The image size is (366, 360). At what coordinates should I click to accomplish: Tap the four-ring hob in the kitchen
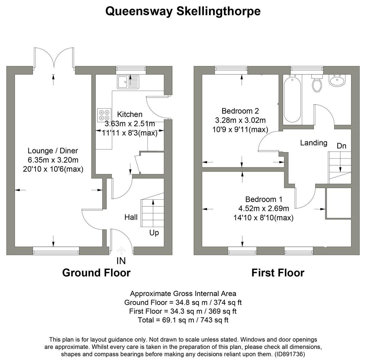tap(103, 115)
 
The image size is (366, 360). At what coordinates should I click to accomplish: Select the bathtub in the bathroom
tap(292, 99)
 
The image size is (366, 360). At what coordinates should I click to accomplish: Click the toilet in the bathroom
tap(317, 84)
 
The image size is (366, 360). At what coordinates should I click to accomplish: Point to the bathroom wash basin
tap(338, 80)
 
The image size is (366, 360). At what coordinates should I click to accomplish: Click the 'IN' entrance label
tap(121, 261)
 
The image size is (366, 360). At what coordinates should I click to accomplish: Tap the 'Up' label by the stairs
tap(154, 232)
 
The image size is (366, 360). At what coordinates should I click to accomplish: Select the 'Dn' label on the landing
tap(341, 146)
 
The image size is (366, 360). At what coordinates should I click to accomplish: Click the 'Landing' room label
tap(313, 143)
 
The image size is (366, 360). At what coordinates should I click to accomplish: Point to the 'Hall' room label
tap(131, 217)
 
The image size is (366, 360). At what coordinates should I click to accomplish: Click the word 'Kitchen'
tap(130, 114)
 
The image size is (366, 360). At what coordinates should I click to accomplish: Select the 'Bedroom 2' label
tap(240, 111)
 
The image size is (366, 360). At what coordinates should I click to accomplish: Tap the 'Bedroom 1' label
tap(264, 199)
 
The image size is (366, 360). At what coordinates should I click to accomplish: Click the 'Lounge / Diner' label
tap(53, 151)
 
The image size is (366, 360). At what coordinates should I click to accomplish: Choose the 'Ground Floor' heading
tap(96, 273)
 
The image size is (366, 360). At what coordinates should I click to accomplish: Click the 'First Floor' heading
tap(278, 273)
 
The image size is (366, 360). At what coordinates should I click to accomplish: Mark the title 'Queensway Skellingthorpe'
tap(183, 11)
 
